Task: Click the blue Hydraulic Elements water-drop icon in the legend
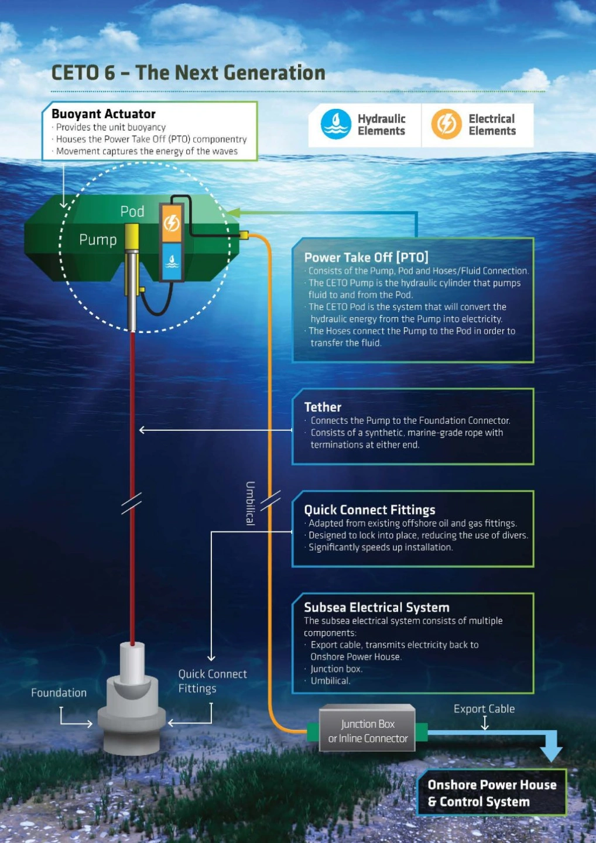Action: click(x=336, y=124)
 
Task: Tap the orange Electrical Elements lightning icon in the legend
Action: click(x=446, y=124)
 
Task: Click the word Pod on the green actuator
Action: click(x=132, y=211)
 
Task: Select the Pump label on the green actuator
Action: click(x=98, y=240)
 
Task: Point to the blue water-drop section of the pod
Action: click(x=172, y=261)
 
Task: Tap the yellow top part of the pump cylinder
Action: click(x=132, y=237)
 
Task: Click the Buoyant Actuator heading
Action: click(x=104, y=114)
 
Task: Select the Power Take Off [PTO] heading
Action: click(x=366, y=258)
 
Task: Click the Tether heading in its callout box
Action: click(x=323, y=407)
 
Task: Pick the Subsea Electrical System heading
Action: click(x=376, y=608)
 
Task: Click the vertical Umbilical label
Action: click(x=250, y=503)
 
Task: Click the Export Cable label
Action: click(x=484, y=708)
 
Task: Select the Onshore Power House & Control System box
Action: click(x=492, y=793)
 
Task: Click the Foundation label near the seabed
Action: click(x=59, y=693)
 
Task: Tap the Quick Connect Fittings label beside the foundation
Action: click(x=213, y=681)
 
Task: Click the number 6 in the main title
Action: click(x=109, y=73)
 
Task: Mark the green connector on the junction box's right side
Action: click(x=422, y=732)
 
